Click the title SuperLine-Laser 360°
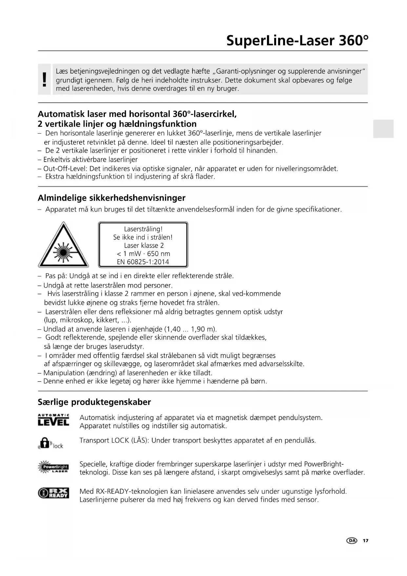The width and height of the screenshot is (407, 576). coord(297,41)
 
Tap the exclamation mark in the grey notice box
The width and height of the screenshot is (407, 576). coord(45,80)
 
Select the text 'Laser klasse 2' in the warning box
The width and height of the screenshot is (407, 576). coord(144,245)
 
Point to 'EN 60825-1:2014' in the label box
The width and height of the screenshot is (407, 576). coord(143,262)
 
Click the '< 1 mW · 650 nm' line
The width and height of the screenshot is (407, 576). coord(143,254)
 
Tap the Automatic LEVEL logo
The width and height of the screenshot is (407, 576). coord(53,420)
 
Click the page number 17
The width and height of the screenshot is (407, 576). coord(365,541)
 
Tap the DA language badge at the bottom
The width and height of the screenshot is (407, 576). coord(352,541)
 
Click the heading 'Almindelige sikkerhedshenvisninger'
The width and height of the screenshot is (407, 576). coord(112,198)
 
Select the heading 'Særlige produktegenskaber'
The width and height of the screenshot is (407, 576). coord(94,402)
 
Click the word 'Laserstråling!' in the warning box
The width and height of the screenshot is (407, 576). coord(143,229)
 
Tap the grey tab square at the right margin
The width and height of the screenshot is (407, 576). coord(383,129)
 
